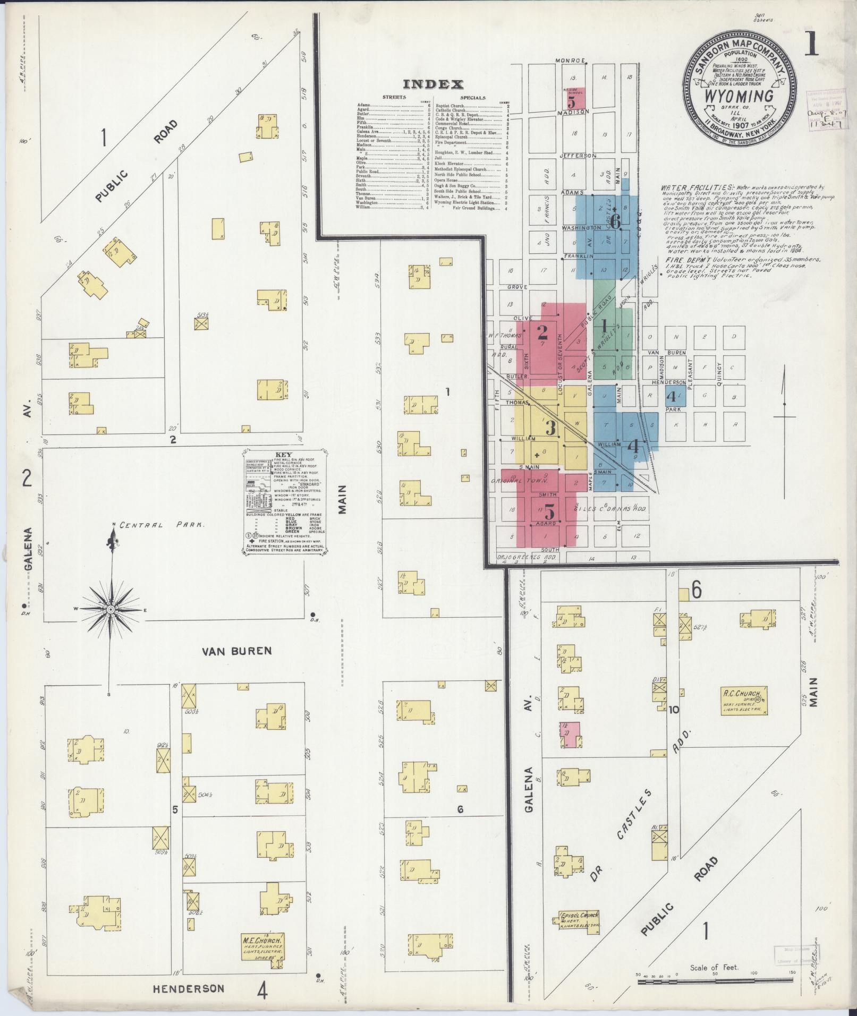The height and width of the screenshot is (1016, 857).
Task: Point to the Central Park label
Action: coord(162,525)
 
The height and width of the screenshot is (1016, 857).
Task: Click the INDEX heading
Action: coord(433,84)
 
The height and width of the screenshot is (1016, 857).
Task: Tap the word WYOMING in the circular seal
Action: coord(739,97)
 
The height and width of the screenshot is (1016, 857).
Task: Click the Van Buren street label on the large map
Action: coord(237,651)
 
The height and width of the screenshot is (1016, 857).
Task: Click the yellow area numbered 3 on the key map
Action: coord(551,426)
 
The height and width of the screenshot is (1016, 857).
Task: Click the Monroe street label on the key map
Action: coord(570,60)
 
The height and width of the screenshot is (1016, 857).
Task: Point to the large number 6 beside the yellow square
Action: coord(696,590)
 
